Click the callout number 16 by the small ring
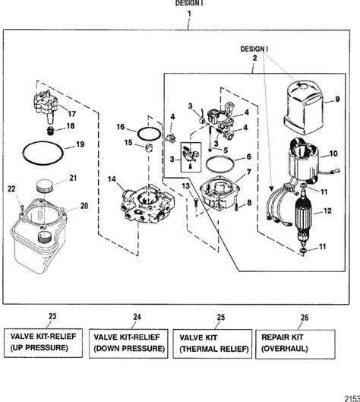click(x=121, y=130)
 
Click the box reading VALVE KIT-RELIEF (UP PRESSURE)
click(x=52, y=340)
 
